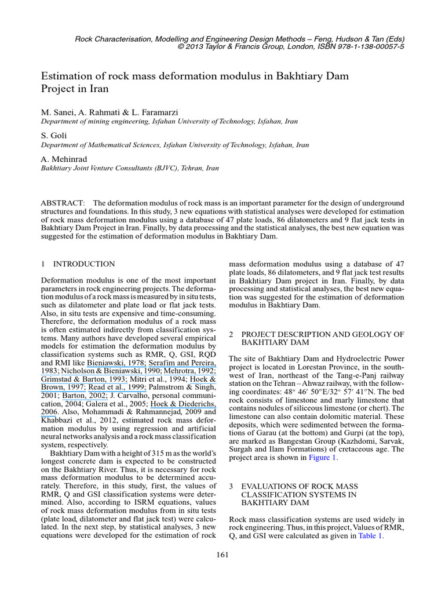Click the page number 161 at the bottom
222,555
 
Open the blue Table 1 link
370,536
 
